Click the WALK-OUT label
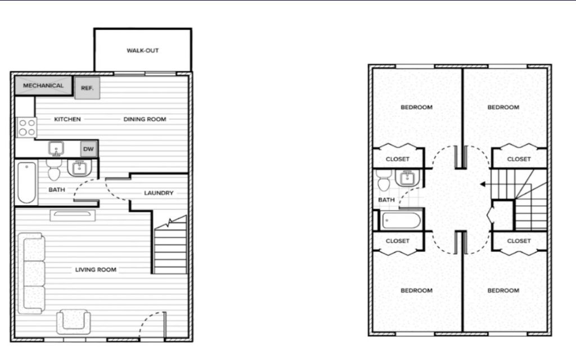pos(142,50)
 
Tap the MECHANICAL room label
pos(43,85)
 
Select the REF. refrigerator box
pos(87,88)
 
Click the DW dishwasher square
pos(88,148)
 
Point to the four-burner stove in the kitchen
pos(27,127)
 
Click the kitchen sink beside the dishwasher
pos(56,148)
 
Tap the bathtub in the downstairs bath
pos(27,183)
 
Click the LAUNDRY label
pos(159,193)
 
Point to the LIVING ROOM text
pos(96,269)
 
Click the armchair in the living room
pos(74,321)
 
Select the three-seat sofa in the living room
pos(31,273)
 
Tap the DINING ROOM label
pos(145,119)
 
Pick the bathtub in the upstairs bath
pos(401,220)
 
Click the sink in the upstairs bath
pos(407,178)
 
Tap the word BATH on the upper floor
pos(386,200)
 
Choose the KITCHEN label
pos(67,119)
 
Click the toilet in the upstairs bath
pos(384,180)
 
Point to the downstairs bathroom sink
pos(79,168)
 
